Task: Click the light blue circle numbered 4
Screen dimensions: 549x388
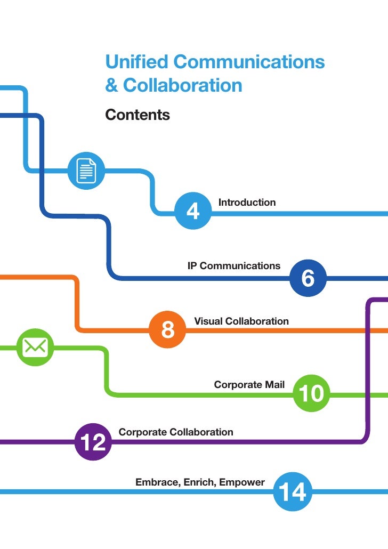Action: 193,211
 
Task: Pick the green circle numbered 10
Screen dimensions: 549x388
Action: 311,394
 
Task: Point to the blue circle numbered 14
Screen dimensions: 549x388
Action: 293,492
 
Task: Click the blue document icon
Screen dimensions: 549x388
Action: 86,171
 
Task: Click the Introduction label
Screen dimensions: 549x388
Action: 247,203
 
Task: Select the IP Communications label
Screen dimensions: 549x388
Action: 233,265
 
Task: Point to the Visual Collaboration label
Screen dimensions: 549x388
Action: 241,321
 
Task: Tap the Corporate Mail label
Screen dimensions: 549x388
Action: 249,384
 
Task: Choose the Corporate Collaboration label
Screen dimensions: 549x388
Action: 176,432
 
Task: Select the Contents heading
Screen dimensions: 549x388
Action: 138,115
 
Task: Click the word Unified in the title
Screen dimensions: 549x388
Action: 136,62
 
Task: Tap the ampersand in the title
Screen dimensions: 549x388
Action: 111,86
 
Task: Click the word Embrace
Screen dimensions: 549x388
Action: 157,482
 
